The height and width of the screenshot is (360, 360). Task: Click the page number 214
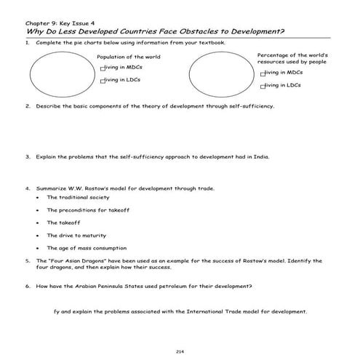pos(180,332)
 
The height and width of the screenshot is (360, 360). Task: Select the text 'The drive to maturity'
pos(77,235)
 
